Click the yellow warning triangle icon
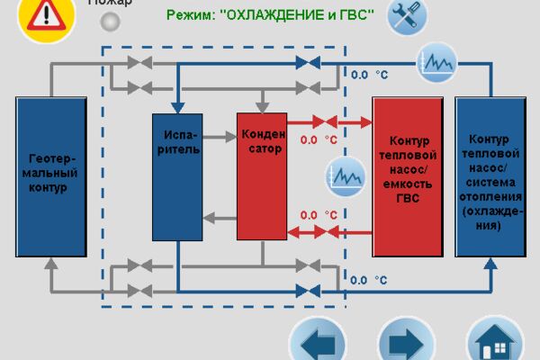click(x=46, y=17)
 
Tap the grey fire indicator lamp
click(x=110, y=22)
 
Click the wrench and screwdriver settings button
click(x=407, y=16)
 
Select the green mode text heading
click(x=270, y=15)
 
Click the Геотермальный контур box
click(x=51, y=176)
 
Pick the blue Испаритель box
click(x=177, y=177)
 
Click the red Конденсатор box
click(x=262, y=176)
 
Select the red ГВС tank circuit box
click(x=408, y=176)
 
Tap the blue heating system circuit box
click(x=490, y=176)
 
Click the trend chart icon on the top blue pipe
click(x=437, y=63)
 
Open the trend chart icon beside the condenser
click(x=346, y=176)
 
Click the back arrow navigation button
click(x=318, y=341)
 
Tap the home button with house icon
click(x=495, y=341)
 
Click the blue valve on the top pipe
click(x=308, y=63)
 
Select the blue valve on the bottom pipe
click(x=308, y=292)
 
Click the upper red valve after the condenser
click(x=325, y=122)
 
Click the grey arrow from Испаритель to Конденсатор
click(x=220, y=137)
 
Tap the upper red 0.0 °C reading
click(x=319, y=139)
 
